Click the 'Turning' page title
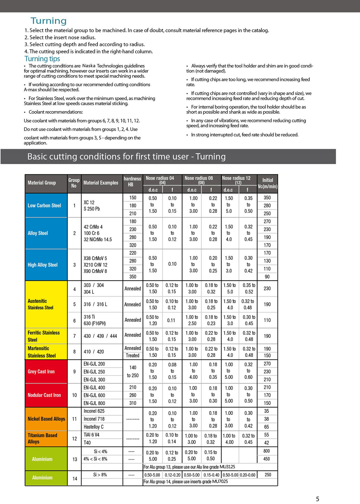[x=48, y=21]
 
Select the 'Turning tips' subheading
[x=42, y=59]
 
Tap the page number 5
[x=317, y=499]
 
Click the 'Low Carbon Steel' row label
[x=44, y=205]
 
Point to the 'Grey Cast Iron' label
[x=41, y=371]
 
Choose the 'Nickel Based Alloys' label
[x=46, y=419]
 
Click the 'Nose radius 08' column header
[x=199, y=178]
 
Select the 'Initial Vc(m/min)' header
[x=267, y=183]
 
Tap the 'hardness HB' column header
[x=132, y=182]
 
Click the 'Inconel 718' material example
[x=94, y=419]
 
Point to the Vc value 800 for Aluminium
[x=267, y=451]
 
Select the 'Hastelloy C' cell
[x=94, y=427]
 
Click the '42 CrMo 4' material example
[x=93, y=227]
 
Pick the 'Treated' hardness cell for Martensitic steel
[x=132, y=355]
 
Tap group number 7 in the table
[x=74, y=336]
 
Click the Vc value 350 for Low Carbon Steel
[x=267, y=198]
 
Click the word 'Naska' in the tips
[x=89, y=66]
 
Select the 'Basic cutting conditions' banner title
[x=126, y=157]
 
